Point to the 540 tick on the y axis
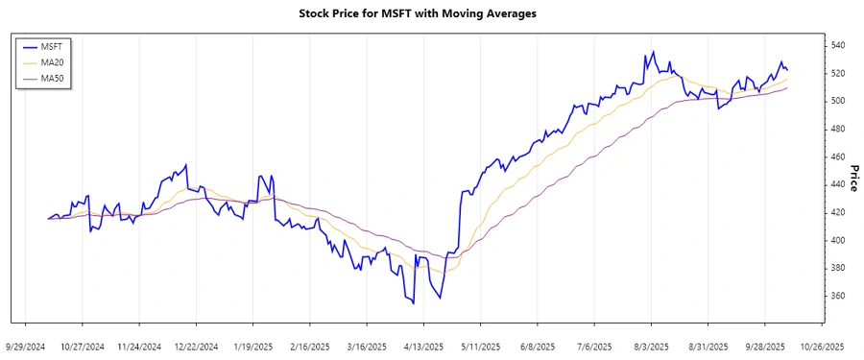(837, 45)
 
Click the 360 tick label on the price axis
(837, 296)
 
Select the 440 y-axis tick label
(837, 184)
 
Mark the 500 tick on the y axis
(837, 101)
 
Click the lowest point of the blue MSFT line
(413, 304)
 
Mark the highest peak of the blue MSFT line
(653, 52)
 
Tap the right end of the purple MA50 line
(787, 88)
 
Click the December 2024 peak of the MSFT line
(185, 164)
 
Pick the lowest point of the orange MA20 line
(441, 273)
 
